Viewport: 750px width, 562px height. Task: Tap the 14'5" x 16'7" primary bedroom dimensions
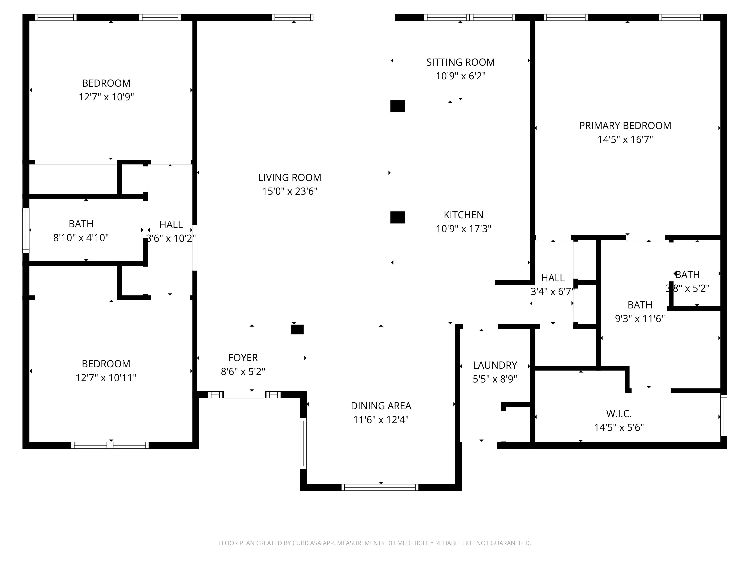625,140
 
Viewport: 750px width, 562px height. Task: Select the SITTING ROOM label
460,62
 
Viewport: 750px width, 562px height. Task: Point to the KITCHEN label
463,215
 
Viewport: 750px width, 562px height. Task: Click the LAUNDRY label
495,365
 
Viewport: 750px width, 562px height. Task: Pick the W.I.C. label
619,414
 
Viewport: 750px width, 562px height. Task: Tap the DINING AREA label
381,406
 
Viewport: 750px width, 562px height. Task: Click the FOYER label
243,358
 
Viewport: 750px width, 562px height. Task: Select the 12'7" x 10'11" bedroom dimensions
106,378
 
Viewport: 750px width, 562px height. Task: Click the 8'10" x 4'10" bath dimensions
81,238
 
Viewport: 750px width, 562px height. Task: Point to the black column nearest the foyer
297,330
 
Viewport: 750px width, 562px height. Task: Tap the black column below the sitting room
398,106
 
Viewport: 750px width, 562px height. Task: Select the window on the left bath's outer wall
26,230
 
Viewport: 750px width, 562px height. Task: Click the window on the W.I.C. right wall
723,415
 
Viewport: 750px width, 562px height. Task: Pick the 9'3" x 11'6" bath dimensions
640,319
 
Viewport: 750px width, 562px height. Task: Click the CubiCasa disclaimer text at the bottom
375,543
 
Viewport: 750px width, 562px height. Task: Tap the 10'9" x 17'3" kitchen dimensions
463,229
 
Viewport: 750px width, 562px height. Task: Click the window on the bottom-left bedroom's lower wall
110,445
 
